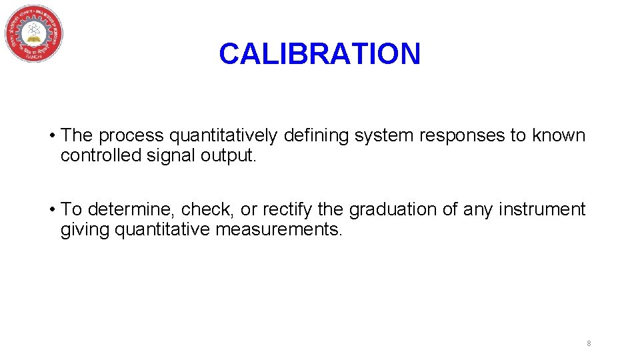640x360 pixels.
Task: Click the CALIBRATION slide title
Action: (319, 54)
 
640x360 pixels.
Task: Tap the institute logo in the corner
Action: (34, 33)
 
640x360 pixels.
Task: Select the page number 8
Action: (589, 343)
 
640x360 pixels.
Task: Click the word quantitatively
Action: (223, 136)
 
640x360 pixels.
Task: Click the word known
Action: (558, 135)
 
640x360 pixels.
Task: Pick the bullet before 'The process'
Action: (51, 136)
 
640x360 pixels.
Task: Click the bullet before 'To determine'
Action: (51, 209)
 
